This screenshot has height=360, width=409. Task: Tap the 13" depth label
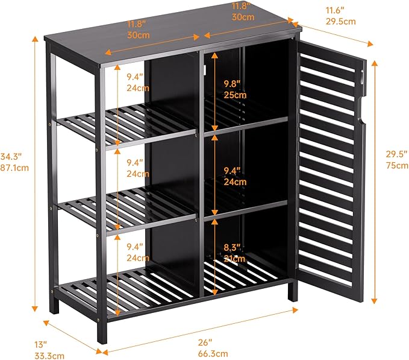(40, 344)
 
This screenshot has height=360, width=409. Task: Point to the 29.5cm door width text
(340, 21)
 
